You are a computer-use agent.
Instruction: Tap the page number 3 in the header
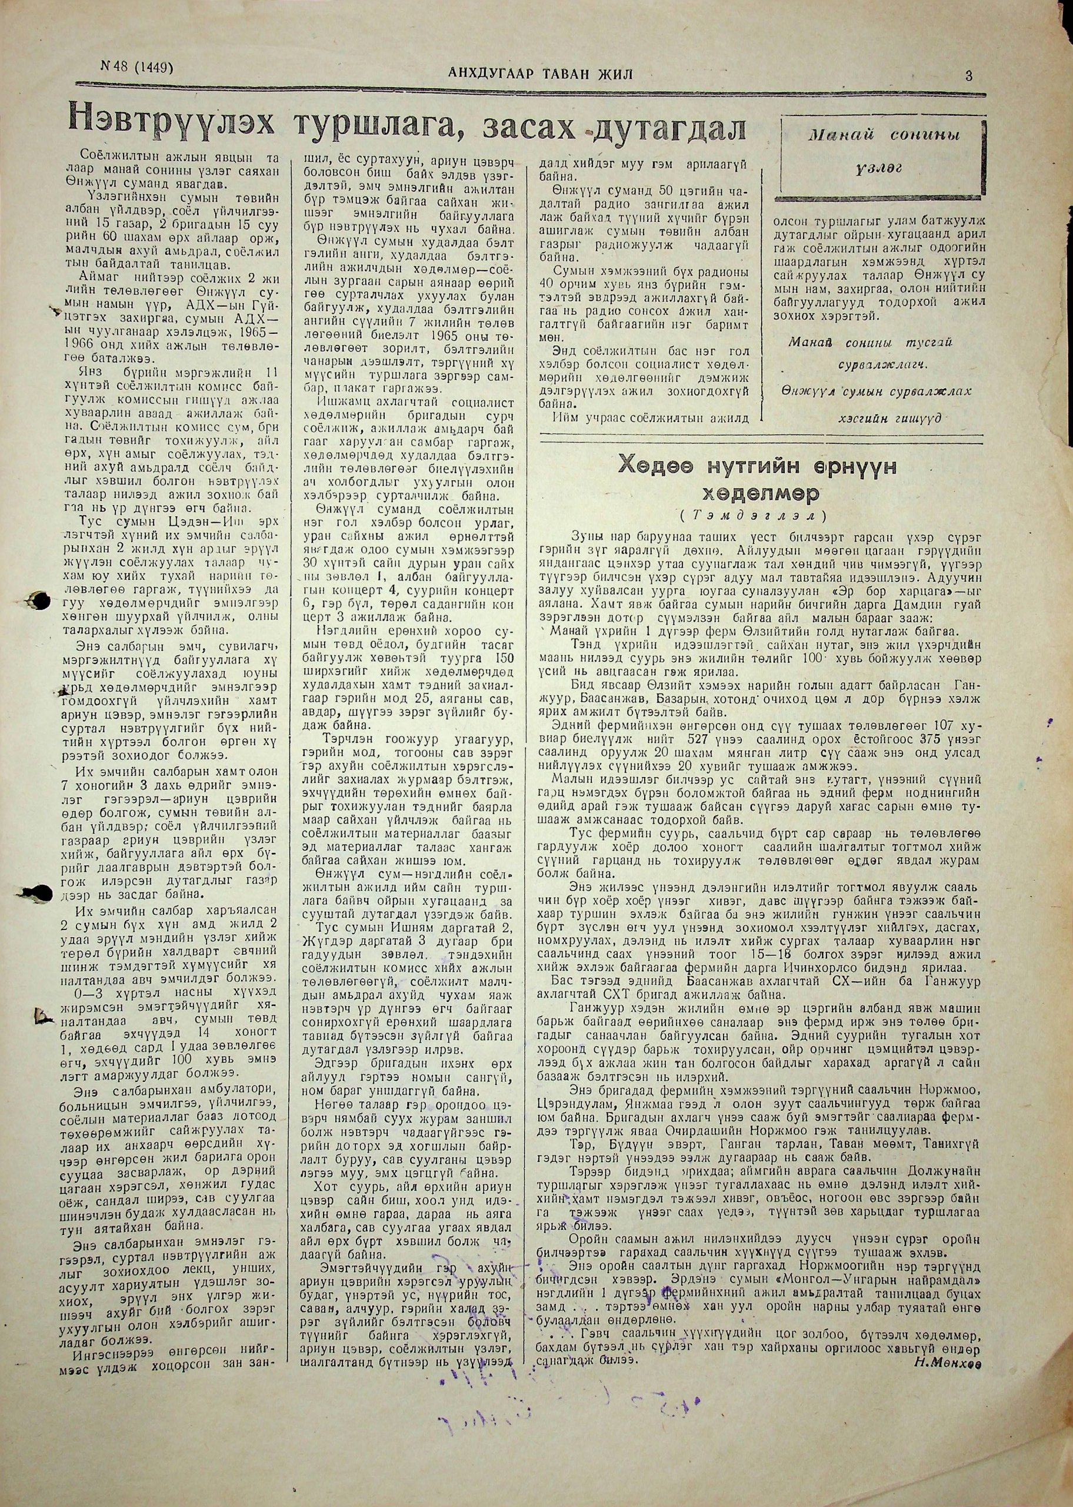[x=969, y=75]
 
